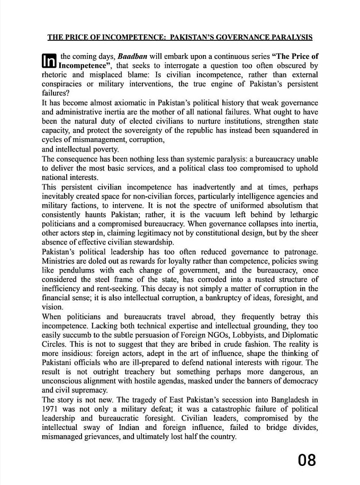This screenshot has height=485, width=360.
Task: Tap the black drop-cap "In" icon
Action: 48,61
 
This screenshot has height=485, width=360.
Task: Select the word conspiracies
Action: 64,84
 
